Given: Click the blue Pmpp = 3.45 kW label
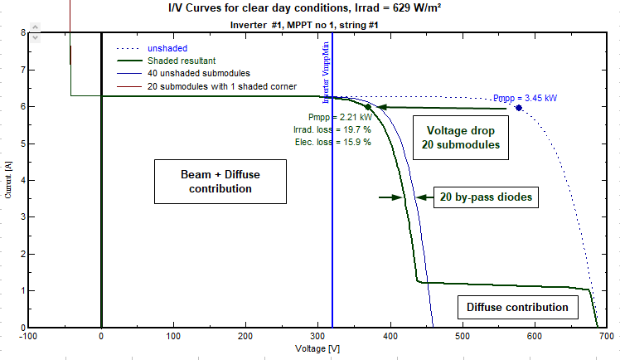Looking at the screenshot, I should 525,98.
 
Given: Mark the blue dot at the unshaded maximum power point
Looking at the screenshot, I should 519,108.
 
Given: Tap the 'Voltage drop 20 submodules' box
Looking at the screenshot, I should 461,138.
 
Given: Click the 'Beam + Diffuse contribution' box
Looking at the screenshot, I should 220,182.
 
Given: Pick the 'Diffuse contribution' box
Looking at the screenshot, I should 517,308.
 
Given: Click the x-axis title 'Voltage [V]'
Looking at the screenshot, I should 317,349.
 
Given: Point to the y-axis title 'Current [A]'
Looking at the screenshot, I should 9,179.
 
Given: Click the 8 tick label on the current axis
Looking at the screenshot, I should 22,33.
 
